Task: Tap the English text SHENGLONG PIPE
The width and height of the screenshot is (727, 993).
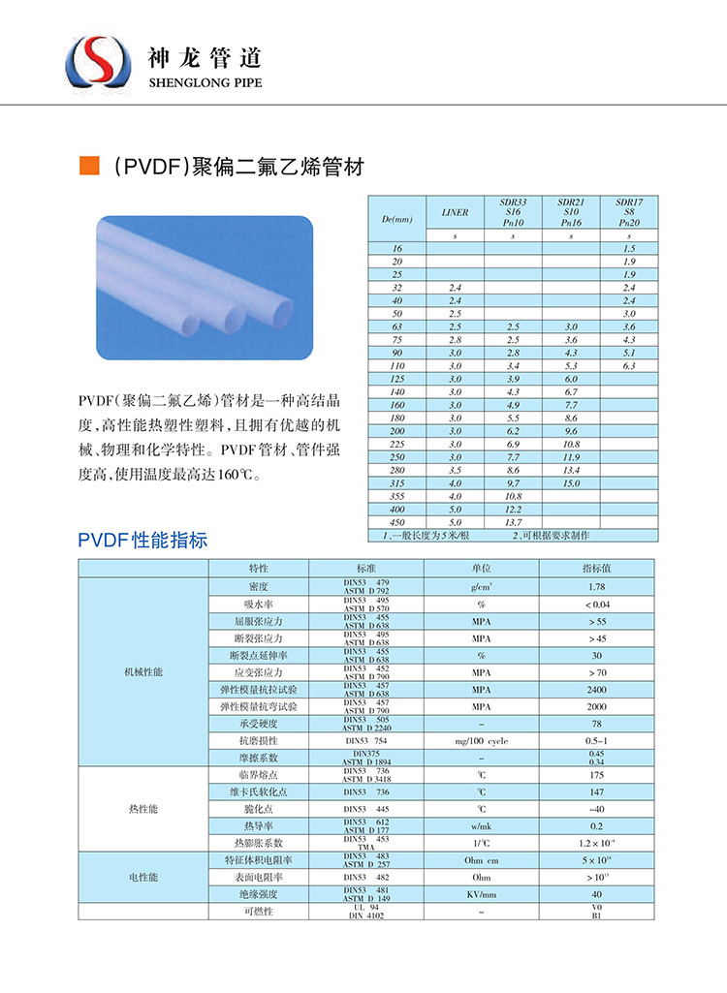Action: (x=205, y=83)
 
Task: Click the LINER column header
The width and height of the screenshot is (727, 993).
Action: (x=455, y=212)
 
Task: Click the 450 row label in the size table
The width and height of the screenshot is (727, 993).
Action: (x=397, y=522)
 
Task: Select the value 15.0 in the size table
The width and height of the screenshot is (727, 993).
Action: (x=571, y=482)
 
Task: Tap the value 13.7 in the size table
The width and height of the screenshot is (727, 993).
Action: (x=513, y=522)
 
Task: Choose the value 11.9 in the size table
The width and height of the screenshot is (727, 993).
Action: (x=571, y=456)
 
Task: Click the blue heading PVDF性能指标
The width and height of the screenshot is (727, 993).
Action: (x=142, y=541)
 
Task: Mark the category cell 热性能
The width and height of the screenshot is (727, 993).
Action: (x=143, y=808)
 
